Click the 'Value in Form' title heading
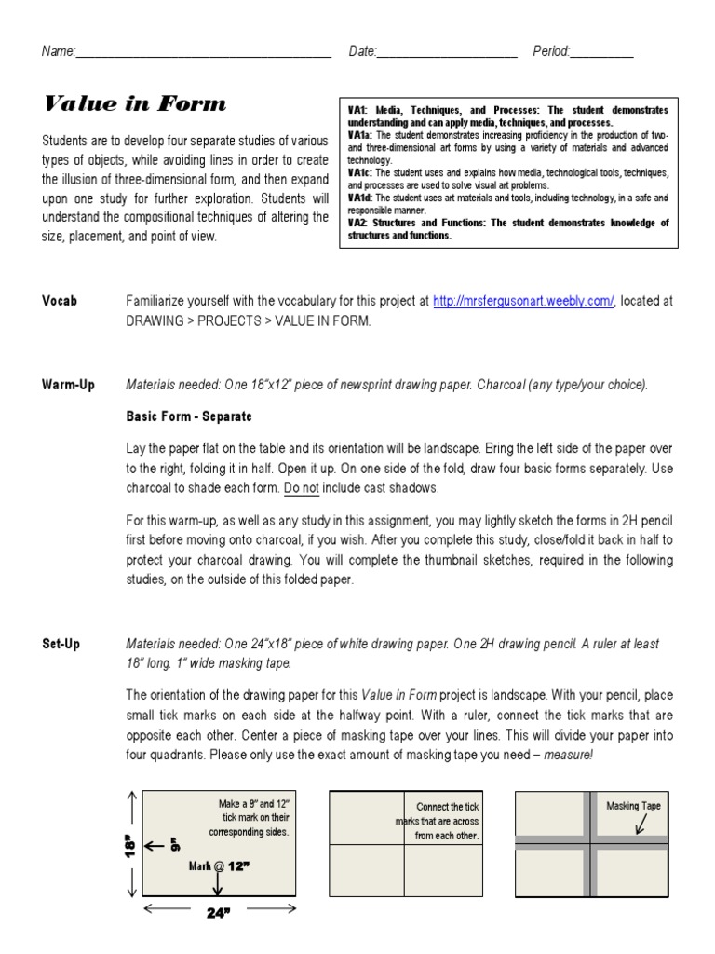tap(134, 104)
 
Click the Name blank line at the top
tap(203, 53)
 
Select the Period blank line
tap(601, 53)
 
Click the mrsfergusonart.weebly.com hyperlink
tap(523, 301)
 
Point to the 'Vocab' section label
tap(60, 301)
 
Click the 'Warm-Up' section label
tap(68, 385)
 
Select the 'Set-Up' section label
tap(61, 644)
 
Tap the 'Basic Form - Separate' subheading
tap(189, 416)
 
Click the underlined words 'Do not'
tap(302, 487)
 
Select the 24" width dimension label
tap(218, 914)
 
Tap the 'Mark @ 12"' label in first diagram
tap(219, 865)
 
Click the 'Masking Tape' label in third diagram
tap(633, 806)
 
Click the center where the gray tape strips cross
tap(591, 842)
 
